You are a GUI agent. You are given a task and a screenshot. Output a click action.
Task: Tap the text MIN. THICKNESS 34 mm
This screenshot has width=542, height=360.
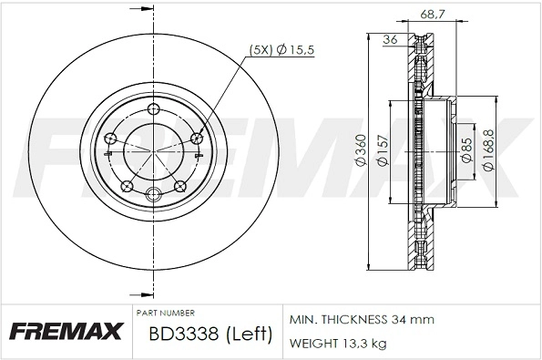click(362, 320)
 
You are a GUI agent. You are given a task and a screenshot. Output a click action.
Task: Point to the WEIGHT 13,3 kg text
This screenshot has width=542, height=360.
click(339, 344)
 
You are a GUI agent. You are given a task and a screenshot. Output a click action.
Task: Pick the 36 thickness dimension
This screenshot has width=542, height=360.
click(391, 39)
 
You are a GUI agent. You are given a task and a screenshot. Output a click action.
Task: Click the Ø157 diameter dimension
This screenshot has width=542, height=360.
click(383, 150)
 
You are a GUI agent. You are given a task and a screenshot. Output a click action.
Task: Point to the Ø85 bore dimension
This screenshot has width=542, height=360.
click(465, 150)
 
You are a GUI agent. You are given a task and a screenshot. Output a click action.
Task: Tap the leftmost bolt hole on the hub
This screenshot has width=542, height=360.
click(110, 139)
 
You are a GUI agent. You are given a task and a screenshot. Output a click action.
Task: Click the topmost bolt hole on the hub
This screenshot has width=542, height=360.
click(154, 108)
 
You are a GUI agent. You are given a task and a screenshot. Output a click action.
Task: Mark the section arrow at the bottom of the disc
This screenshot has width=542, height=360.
click(139, 294)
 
